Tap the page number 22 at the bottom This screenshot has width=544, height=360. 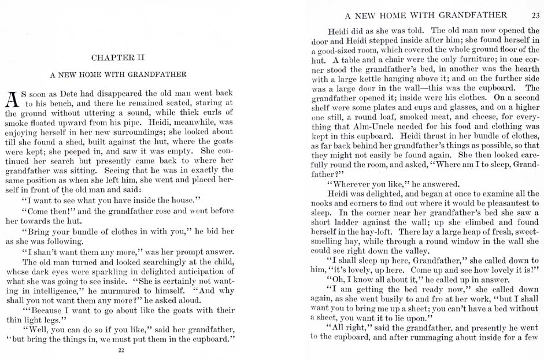121,350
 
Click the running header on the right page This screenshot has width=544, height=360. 425,15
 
